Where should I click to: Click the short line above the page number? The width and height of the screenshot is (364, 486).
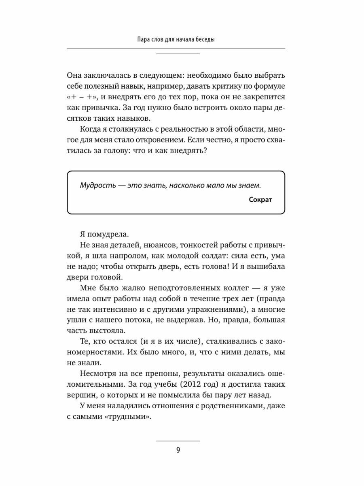(x=178, y=441)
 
